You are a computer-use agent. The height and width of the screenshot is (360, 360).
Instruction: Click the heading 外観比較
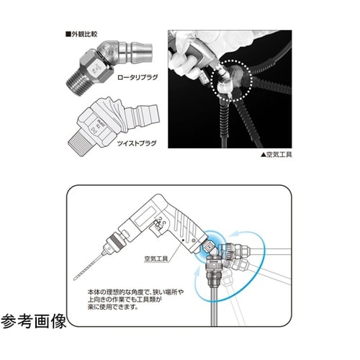81,34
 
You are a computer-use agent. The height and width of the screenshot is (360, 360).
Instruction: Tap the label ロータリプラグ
138,77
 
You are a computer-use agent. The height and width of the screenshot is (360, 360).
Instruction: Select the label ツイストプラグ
137,143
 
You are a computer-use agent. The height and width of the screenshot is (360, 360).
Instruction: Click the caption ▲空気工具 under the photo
276,155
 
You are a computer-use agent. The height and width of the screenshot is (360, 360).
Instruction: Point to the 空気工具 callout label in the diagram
156,258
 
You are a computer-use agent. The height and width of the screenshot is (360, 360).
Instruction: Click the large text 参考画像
33,321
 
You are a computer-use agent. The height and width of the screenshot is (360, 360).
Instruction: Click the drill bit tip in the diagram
75,279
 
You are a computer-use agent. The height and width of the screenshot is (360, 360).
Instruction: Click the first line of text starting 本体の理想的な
136,292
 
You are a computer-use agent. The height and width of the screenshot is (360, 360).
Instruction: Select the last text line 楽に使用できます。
113,307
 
